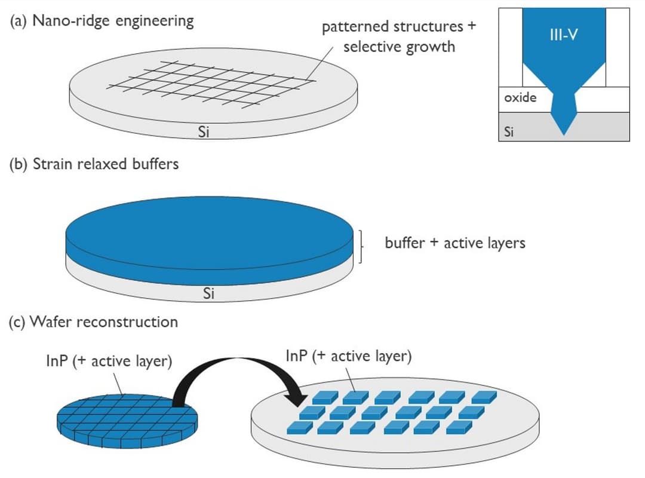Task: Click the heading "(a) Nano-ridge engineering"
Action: (x=101, y=21)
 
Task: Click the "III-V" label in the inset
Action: (x=563, y=36)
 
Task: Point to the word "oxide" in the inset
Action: (x=520, y=97)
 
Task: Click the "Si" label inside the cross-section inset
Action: (x=509, y=132)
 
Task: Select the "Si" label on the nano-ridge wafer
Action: (x=203, y=133)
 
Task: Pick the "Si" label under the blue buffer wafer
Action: (x=208, y=293)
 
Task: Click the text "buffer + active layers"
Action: (x=455, y=243)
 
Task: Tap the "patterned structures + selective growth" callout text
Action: (x=399, y=36)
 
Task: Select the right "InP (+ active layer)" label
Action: (x=349, y=357)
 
